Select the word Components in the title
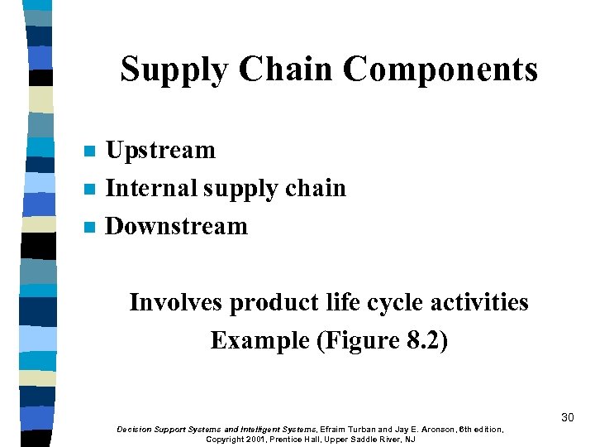[440, 70]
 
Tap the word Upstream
[161, 151]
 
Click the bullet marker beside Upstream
[90, 151]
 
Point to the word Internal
[152, 189]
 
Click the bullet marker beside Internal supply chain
[90, 190]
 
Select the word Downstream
[177, 227]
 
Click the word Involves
[175, 303]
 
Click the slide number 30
[567, 417]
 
